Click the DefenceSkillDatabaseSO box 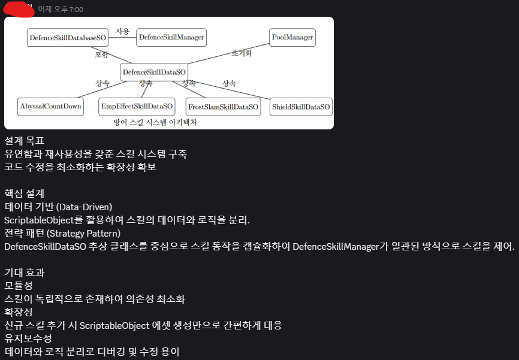(x=68, y=37)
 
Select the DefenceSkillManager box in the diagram (x=171, y=37)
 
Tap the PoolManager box (x=292, y=37)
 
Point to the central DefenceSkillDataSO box (x=155, y=72)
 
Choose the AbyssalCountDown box (x=50, y=107)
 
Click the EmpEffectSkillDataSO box (x=137, y=107)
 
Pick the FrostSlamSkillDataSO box (x=223, y=107)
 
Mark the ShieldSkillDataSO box (x=301, y=107)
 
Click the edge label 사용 (x=122, y=31)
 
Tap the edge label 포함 (x=102, y=55)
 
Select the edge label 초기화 (x=242, y=53)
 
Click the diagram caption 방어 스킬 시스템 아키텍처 (x=155, y=122)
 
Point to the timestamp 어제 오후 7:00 (x=61, y=9)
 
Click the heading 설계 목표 (x=24, y=141)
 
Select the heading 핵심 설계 (x=24, y=194)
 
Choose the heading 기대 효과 (x=24, y=273)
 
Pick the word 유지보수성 (x=28, y=338)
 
